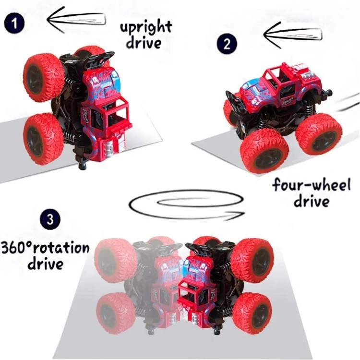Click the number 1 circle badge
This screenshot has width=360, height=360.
[x=15, y=24]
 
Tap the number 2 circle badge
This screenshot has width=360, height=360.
[x=227, y=44]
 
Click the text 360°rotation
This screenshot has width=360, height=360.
[x=45, y=248]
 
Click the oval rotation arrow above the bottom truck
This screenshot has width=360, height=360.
[x=187, y=204]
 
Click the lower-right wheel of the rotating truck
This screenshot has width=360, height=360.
[x=252, y=311]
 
